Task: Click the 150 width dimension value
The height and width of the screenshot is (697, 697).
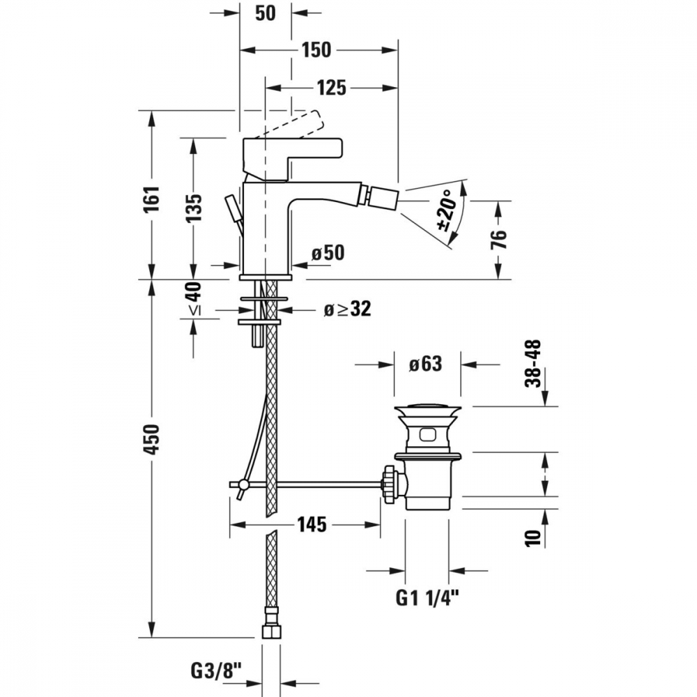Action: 316,49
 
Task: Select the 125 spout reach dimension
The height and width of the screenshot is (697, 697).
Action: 331,88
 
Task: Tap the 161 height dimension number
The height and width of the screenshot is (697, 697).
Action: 151,199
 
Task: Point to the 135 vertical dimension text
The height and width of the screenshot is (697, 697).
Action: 193,208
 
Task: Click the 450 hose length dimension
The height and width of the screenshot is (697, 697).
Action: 151,439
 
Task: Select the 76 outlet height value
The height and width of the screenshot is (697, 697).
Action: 500,240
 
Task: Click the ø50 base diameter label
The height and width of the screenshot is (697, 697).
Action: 328,253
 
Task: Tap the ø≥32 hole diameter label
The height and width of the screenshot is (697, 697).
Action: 347,309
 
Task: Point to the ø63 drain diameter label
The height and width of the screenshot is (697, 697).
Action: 426,364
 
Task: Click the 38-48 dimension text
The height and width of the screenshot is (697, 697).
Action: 533,363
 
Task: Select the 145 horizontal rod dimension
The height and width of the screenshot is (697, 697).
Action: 312,525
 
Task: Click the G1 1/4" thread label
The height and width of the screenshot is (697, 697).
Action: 427,598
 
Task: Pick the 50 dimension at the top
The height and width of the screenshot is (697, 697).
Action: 266,13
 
